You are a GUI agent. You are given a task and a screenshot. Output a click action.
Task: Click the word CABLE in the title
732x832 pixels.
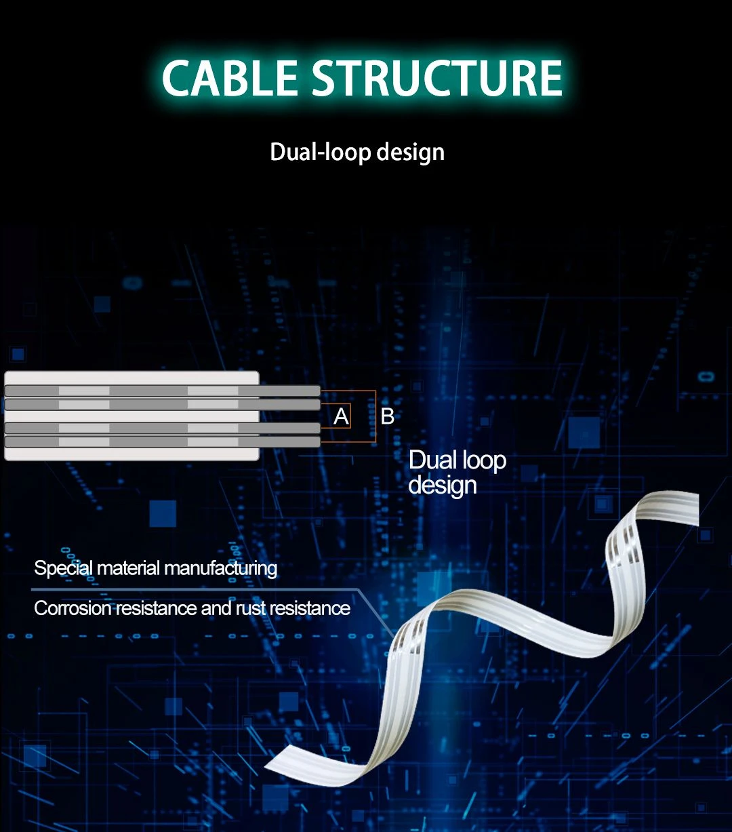(x=230, y=77)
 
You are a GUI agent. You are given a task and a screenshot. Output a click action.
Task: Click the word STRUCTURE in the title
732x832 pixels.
(x=437, y=77)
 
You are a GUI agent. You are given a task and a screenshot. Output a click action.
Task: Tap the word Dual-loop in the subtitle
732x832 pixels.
(x=320, y=153)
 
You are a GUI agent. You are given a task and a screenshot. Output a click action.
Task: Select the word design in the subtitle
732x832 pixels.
(x=411, y=153)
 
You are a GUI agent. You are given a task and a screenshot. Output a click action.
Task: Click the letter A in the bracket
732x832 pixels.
(x=341, y=417)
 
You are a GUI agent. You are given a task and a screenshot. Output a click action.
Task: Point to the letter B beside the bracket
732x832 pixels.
(x=387, y=416)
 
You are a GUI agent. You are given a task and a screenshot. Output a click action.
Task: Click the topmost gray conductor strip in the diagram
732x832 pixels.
(x=162, y=391)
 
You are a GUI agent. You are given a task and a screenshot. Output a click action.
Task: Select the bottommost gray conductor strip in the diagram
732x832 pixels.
(x=162, y=442)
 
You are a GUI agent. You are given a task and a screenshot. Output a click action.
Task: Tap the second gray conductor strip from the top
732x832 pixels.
(x=162, y=405)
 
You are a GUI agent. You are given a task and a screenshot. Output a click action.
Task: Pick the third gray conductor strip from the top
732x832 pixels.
(x=162, y=429)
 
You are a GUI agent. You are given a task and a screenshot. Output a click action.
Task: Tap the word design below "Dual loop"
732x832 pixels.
(x=442, y=486)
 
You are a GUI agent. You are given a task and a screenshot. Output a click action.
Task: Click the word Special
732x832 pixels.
(x=63, y=569)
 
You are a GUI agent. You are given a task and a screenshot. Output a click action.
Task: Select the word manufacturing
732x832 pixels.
(x=220, y=569)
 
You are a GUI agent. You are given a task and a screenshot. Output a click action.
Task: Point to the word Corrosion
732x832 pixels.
(x=73, y=608)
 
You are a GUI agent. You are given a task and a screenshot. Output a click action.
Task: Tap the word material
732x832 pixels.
(x=128, y=569)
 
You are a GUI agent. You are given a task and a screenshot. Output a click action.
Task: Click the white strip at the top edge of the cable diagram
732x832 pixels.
(x=131, y=378)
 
